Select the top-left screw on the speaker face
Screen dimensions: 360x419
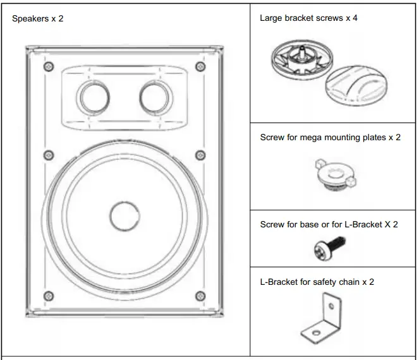tap(46, 66)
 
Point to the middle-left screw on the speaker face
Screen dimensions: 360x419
tap(46, 155)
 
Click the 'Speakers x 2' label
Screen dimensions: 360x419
tap(38, 18)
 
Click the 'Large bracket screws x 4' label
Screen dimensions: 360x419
tap(309, 18)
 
